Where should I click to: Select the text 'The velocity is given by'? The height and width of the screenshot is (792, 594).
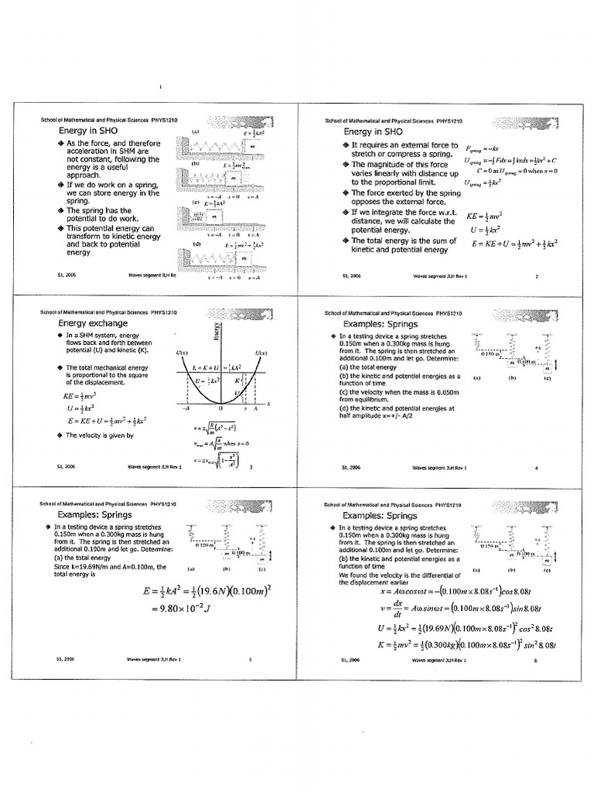coord(101,435)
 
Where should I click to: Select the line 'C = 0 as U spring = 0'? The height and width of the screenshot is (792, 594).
coord(517,170)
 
